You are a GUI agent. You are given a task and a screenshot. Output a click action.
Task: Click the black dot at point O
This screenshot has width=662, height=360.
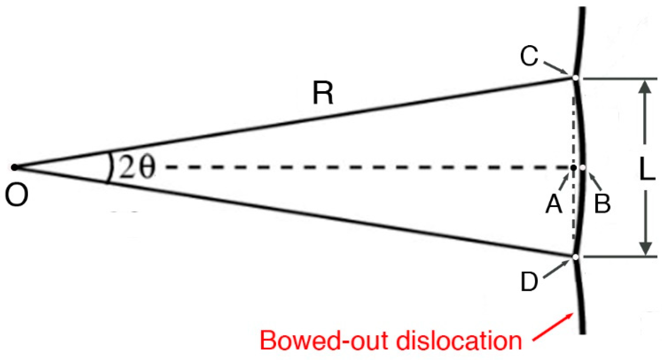point(14,167)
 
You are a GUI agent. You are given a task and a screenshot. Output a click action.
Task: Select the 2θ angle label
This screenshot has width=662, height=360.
point(137,167)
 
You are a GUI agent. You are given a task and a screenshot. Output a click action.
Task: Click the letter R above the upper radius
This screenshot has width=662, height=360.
point(323,93)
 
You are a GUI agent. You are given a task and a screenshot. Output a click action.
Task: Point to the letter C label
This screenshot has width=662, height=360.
point(529,56)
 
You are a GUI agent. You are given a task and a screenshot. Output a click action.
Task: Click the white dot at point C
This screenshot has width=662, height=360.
point(575,78)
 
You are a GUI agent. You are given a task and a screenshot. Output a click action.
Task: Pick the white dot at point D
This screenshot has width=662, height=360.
point(575,257)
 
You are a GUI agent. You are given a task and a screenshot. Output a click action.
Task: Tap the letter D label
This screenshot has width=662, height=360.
point(529,281)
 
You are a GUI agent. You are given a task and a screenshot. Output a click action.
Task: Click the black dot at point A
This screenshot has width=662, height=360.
point(573,168)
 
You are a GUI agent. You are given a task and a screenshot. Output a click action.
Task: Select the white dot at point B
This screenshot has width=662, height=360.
point(583,168)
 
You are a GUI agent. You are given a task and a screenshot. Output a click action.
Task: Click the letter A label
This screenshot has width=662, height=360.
point(554,204)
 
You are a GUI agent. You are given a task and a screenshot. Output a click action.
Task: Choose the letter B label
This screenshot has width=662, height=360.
point(602,204)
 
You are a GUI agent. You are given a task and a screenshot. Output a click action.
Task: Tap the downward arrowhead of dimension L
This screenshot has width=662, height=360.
point(645,248)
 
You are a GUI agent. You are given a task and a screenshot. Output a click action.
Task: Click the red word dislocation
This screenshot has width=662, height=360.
point(459,341)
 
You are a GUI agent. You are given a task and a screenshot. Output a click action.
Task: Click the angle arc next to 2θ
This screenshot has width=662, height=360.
point(110,167)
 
